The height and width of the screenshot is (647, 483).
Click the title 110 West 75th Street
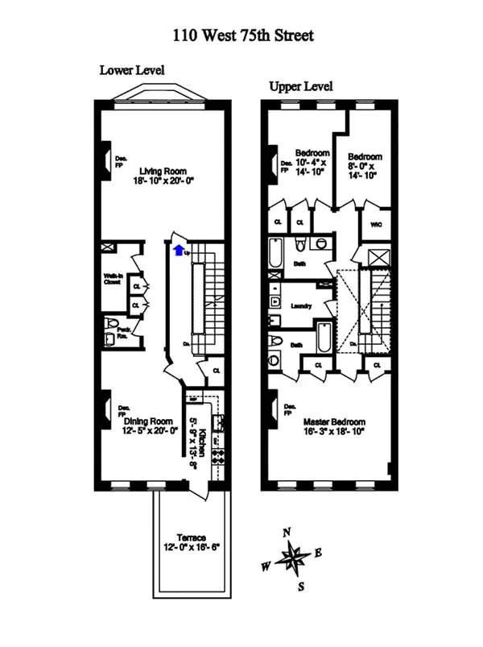click(x=242, y=35)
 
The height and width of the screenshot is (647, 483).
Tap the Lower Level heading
click(x=132, y=70)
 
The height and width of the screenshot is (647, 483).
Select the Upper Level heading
click(x=301, y=86)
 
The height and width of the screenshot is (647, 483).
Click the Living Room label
click(x=163, y=171)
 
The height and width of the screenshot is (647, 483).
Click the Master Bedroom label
click(x=334, y=421)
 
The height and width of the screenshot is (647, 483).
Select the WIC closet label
click(x=375, y=224)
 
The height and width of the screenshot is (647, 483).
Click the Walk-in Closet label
click(x=113, y=279)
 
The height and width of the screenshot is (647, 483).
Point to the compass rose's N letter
click(x=287, y=532)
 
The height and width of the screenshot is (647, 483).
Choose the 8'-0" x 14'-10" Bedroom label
click(x=365, y=157)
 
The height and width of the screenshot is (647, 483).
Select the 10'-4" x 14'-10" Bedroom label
click(x=312, y=153)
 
